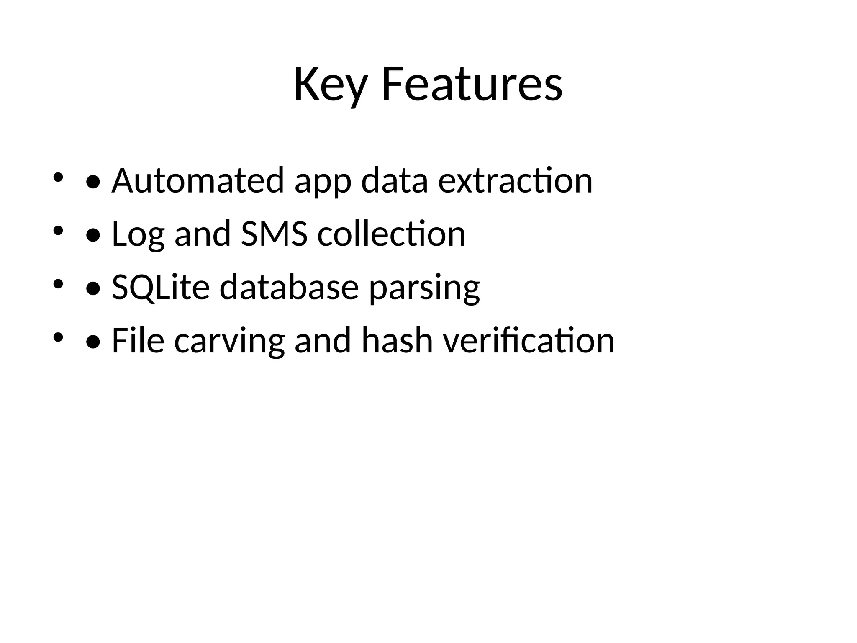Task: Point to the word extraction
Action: (515, 181)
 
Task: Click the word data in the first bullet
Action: (395, 181)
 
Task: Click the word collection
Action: (391, 234)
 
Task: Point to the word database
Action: (289, 288)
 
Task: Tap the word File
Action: (138, 341)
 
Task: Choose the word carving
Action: (229, 342)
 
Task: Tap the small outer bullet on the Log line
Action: (58, 230)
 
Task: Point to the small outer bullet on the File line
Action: (58, 337)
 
